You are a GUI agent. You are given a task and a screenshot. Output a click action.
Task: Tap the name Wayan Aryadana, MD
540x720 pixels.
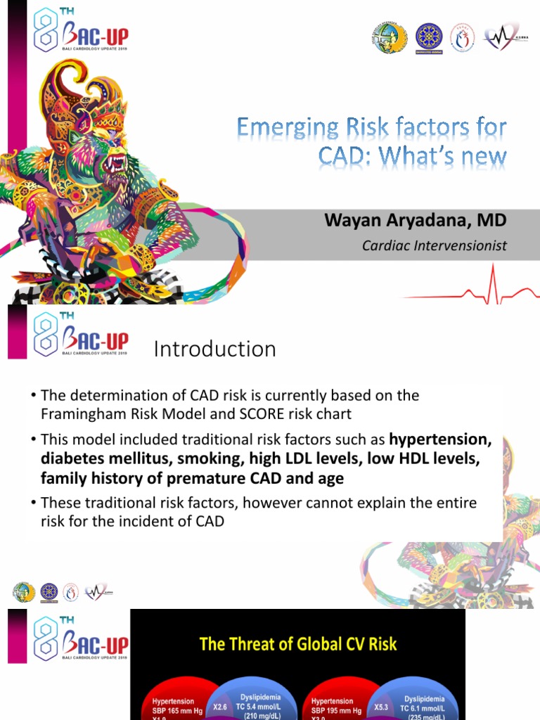415,221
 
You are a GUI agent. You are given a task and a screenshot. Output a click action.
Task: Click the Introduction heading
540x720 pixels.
214,349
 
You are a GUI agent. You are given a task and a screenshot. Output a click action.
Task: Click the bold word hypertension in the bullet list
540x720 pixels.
439,440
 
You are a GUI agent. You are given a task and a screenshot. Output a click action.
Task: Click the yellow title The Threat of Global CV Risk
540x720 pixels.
298,644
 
